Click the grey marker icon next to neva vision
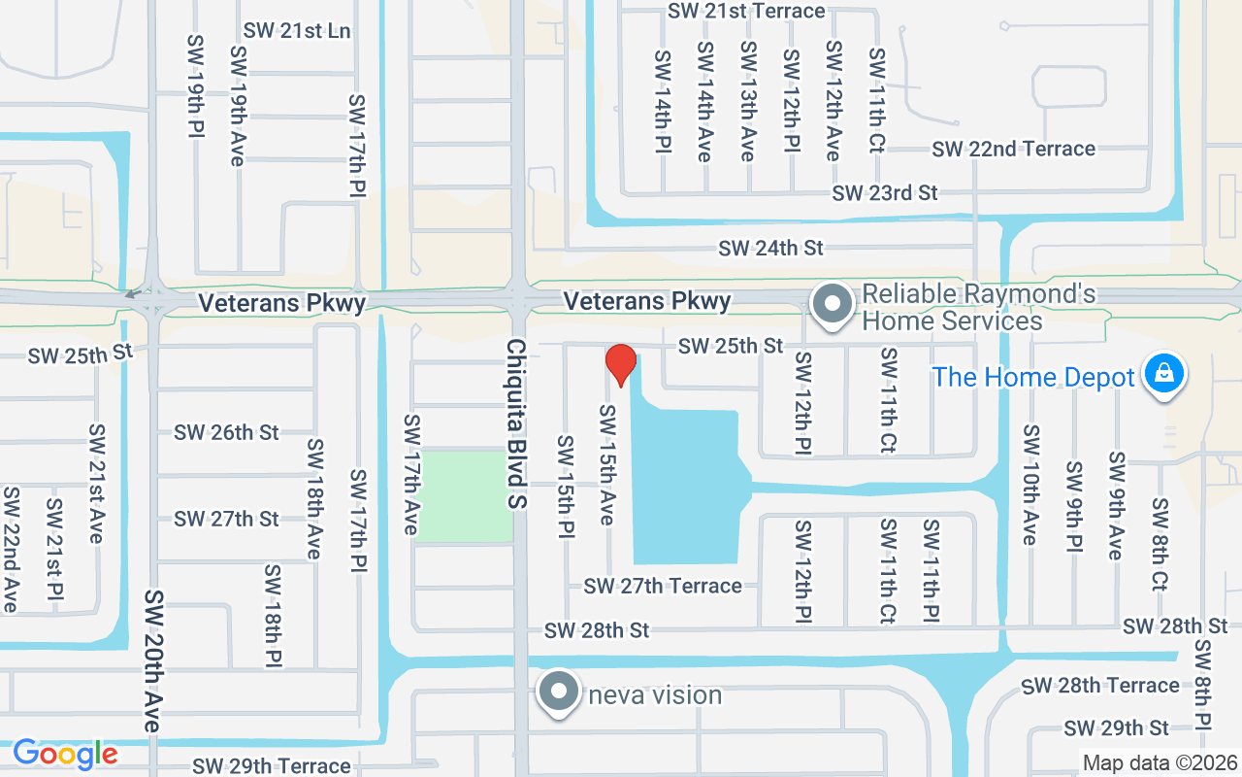(x=559, y=693)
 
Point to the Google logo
(x=65, y=754)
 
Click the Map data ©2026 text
(x=1160, y=762)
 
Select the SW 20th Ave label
(x=152, y=660)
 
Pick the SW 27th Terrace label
(x=663, y=586)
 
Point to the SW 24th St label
(x=770, y=249)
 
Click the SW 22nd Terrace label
(x=1013, y=149)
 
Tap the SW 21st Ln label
(x=297, y=30)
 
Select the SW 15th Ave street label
(x=606, y=464)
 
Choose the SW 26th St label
(x=226, y=432)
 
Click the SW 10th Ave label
(x=1030, y=484)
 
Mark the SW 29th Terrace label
(x=271, y=766)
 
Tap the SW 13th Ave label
(x=747, y=101)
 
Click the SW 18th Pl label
(x=273, y=616)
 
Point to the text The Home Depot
(x=1033, y=377)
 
